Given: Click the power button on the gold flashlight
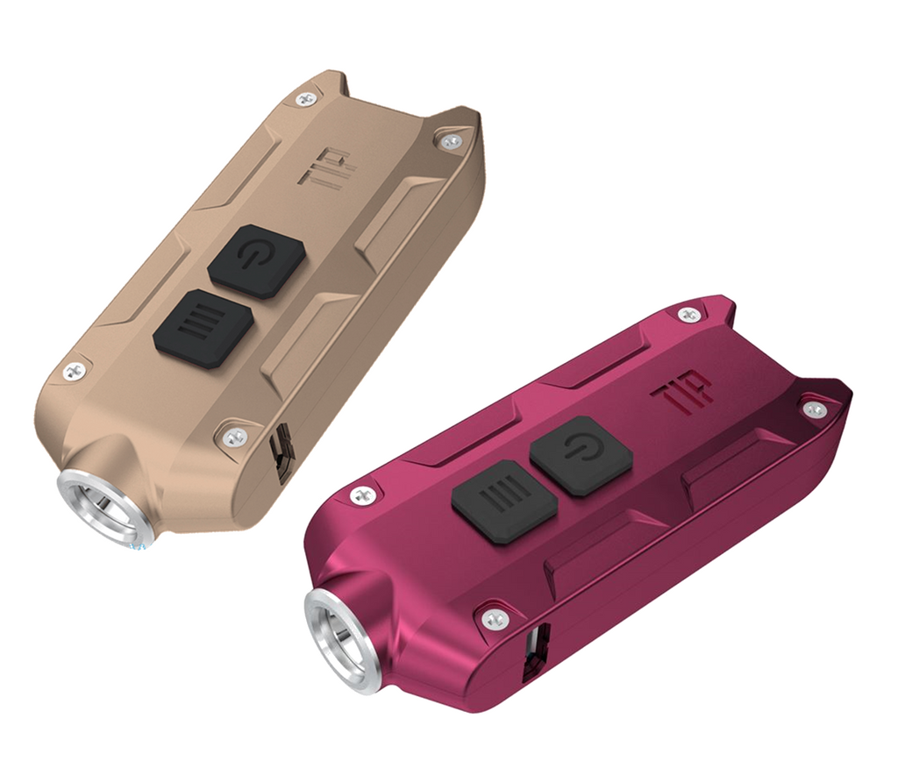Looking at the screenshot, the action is click(257, 260).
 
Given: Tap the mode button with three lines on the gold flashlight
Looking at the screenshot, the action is click(203, 328).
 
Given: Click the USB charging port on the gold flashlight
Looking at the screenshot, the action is click(283, 453).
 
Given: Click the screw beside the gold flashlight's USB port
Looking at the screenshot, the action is click(233, 437).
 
